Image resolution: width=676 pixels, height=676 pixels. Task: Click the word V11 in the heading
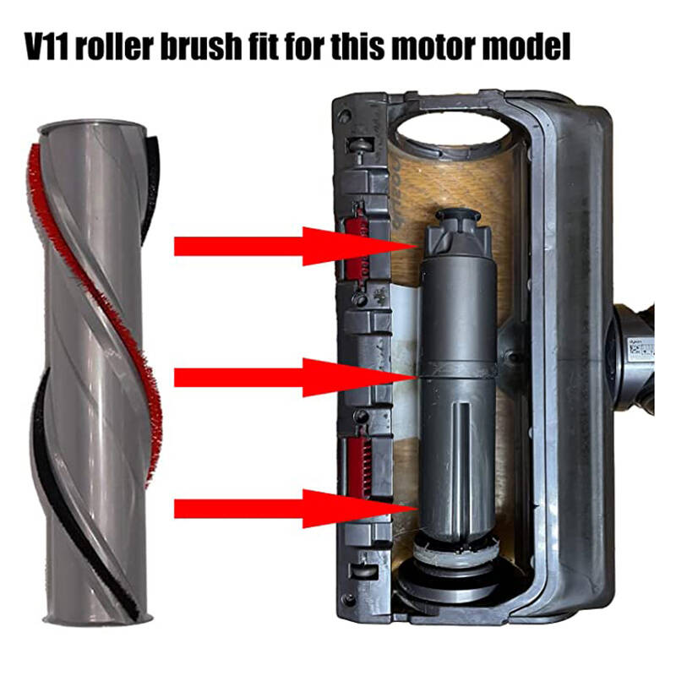[x=46, y=46]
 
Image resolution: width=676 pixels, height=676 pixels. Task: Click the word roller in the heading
[x=114, y=46]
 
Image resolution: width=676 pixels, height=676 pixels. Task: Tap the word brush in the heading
[x=201, y=46]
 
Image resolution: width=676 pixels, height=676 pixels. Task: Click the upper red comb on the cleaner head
[x=356, y=247]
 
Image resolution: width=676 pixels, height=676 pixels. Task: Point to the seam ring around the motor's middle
[x=458, y=372]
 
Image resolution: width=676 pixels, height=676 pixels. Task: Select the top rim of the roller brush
[x=92, y=128]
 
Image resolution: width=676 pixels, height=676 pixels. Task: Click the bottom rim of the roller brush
[x=97, y=618]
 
